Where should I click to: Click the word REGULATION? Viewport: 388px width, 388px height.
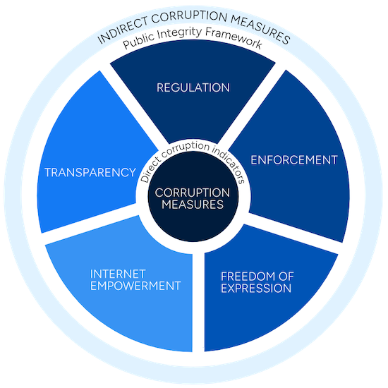[x=193, y=87]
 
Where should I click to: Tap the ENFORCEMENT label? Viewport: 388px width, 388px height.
[x=294, y=160]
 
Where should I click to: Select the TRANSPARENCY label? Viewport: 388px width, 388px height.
[x=90, y=172]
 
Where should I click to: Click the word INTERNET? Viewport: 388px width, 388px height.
[x=118, y=274]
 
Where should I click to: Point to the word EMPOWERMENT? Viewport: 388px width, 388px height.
[x=135, y=286]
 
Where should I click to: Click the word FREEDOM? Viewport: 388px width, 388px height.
[x=249, y=277]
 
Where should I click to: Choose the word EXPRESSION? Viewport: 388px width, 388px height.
[x=256, y=289]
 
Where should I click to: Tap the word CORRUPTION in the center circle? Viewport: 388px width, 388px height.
[x=193, y=193]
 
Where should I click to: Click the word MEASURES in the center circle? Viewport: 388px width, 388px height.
[x=193, y=205]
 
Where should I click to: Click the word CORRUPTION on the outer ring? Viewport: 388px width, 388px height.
[x=189, y=17]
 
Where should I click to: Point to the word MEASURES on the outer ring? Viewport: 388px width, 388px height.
[x=261, y=29]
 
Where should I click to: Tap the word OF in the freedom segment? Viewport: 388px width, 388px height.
[x=286, y=277]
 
